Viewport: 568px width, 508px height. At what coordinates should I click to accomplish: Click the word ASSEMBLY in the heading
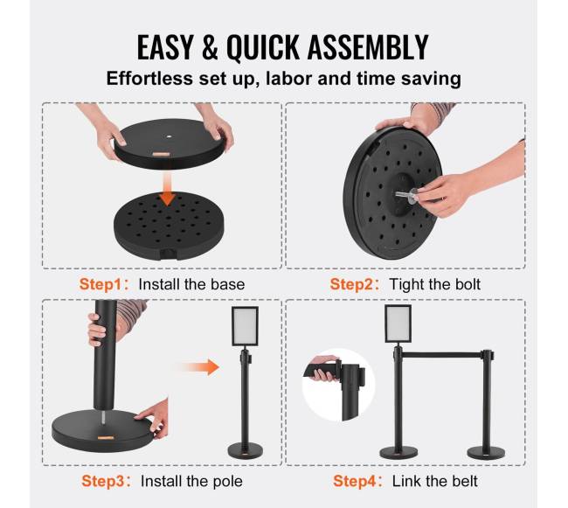(368, 47)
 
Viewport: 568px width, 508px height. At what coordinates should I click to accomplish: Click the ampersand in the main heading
(210, 47)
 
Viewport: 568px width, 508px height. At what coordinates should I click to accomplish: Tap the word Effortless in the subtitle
(149, 79)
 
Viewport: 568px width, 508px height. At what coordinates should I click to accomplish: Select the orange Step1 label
(100, 284)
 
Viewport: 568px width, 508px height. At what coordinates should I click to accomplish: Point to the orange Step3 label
(103, 481)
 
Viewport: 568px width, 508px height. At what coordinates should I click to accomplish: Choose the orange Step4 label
(354, 481)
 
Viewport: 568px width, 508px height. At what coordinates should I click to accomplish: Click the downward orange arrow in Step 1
(167, 189)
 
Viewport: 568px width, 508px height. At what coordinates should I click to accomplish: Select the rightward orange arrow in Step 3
(200, 367)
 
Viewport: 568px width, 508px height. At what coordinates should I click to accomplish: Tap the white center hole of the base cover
(170, 137)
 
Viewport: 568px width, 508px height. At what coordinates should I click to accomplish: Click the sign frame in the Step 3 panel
(245, 326)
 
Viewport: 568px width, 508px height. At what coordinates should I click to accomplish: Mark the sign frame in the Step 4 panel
(398, 324)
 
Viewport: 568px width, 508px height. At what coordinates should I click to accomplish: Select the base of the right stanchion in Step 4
(486, 452)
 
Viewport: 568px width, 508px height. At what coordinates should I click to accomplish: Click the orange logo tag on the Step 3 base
(105, 438)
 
